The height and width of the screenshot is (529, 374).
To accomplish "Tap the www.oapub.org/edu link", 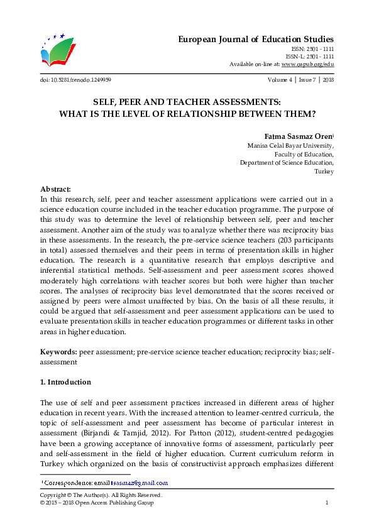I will (x=307, y=64).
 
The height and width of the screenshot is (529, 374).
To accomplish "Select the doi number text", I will (x=75, y=80).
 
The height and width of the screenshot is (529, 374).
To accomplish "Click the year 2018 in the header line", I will (x=327, y=80).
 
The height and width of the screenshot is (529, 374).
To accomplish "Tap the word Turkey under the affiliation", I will (x=324, y=172).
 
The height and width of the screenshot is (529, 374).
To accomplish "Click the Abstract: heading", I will (x=55, y=188).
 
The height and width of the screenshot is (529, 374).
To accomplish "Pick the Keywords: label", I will (x=58, y=353).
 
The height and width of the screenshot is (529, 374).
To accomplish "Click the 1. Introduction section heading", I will (x=65, y=382).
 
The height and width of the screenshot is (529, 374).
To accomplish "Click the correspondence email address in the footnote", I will (x=140, y=483).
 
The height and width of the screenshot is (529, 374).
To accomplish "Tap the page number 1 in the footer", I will (x=327, y=503).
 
